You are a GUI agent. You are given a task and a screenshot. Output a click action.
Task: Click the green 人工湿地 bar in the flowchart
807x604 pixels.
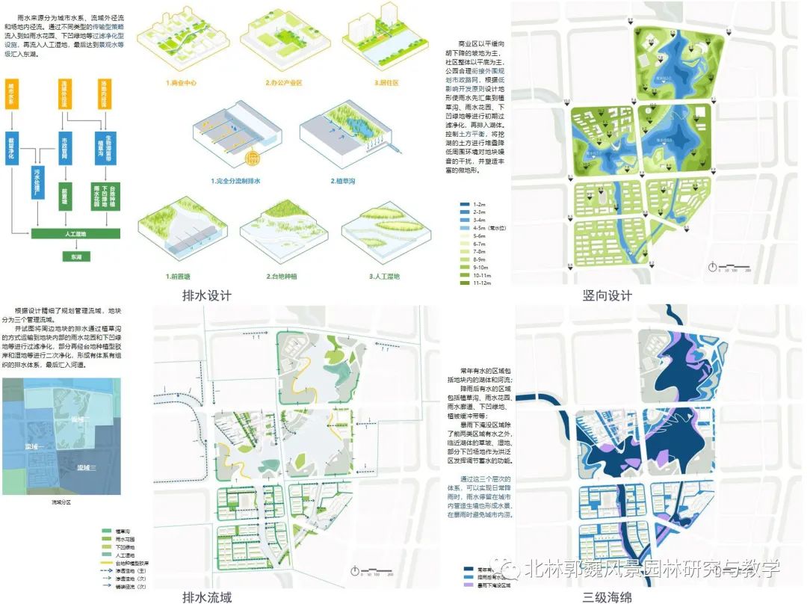75,235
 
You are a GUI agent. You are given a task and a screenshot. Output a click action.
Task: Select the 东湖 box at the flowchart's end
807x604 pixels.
75,256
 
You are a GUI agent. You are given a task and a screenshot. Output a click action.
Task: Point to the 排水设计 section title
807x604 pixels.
207,295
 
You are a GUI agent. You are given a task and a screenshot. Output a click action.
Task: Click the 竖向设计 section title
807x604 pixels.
607,295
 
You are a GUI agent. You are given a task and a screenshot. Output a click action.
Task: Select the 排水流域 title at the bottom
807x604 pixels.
207,597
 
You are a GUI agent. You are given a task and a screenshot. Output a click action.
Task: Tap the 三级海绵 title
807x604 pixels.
607,597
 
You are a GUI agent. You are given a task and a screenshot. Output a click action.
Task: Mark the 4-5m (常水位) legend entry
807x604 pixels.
486,228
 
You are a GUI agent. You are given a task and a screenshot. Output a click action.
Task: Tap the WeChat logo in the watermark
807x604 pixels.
513,570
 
